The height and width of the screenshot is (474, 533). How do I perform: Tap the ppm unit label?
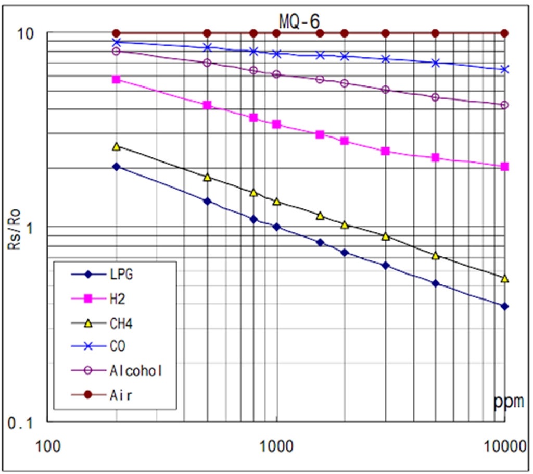tap(509, 402)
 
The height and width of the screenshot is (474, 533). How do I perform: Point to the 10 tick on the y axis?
tap(26, 33)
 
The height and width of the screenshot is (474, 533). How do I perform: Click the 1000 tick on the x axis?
tap(276, 447)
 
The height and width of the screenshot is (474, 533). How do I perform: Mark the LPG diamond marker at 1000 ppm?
tap(276, 227)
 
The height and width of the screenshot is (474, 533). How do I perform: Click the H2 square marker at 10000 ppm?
tap(504, 167)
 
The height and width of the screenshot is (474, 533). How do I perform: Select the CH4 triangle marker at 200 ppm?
tap(117, 147)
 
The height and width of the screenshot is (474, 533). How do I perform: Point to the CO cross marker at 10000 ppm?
tap(504, 69)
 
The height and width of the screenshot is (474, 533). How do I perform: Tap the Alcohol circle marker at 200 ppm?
tap(117, 51)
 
